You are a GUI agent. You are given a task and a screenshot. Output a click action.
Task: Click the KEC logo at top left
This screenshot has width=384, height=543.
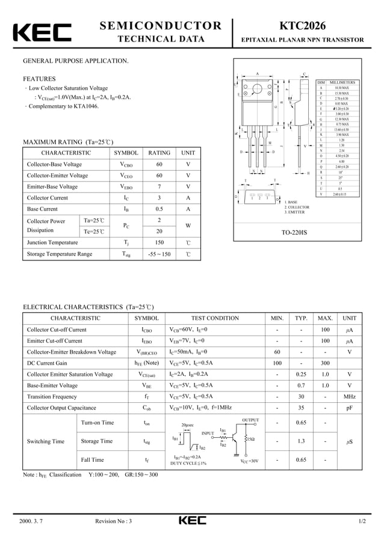pos(42,34)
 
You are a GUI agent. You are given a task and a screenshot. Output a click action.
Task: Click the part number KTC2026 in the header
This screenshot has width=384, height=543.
pos(302,25)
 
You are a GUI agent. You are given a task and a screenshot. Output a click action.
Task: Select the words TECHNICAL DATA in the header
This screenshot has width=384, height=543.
pos(160,40)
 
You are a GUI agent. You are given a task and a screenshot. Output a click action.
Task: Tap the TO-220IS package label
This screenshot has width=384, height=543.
pos(294,232)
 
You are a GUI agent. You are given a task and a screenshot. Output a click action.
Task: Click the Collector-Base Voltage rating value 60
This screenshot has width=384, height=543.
pos(159,164)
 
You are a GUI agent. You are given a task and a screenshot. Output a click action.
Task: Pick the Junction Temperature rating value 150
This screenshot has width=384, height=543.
pos(159,242)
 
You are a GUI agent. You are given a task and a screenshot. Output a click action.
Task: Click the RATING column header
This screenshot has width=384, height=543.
pos(159,153)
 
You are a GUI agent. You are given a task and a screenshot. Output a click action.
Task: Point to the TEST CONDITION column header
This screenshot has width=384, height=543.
pos(215,318)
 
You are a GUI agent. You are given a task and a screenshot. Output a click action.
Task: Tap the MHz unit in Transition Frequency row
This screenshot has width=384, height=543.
pos(349,397)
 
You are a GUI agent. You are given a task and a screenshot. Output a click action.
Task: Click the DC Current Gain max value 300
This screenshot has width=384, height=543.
pos(325,363)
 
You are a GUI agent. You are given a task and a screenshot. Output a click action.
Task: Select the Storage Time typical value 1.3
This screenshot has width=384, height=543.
pos(301,441)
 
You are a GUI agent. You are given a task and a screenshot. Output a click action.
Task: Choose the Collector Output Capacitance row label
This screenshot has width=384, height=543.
pos(61,408)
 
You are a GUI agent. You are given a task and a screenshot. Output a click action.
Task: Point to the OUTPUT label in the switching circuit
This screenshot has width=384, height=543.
pos(250,420)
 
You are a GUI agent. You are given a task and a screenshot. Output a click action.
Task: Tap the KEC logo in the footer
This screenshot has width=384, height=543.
pos(192,521)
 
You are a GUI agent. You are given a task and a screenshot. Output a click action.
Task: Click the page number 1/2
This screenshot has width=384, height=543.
pos(361,521)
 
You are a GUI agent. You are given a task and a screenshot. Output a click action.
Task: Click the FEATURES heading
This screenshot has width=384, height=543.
pos(39,79)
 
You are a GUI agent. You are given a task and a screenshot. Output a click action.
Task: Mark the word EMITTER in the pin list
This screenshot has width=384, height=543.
pos(297,212)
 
